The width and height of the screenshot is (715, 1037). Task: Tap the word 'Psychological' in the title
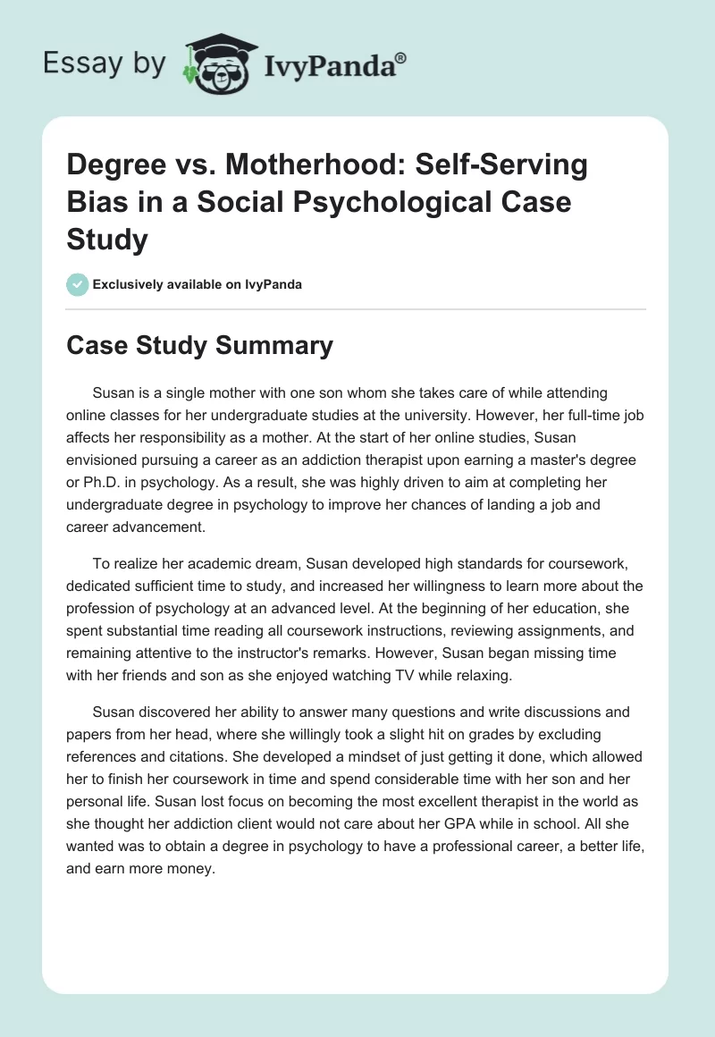pyautogui.click(x=374, y=201)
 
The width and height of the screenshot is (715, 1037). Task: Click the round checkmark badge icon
pyautogui.click(x=77, y=284)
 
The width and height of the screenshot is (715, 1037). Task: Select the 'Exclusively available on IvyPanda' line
pyautogui.click(x=197, y=284)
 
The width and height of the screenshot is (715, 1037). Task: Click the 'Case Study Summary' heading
pyautogui.click(x=199, y=345)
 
